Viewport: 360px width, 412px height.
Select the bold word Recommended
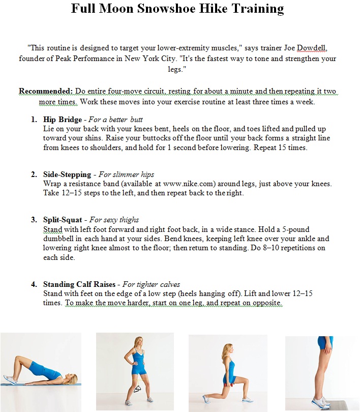(x=46, y=92)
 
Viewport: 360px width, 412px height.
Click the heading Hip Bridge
(x=63, y=120)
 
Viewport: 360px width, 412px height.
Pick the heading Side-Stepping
(x=68, y=174)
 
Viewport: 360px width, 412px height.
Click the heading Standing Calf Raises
(x=79, y=284)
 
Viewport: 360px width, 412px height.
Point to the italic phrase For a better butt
(x=116, y=120)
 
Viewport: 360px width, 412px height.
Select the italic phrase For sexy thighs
(x=114, y=220)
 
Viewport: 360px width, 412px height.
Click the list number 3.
(x=34, y=220)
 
